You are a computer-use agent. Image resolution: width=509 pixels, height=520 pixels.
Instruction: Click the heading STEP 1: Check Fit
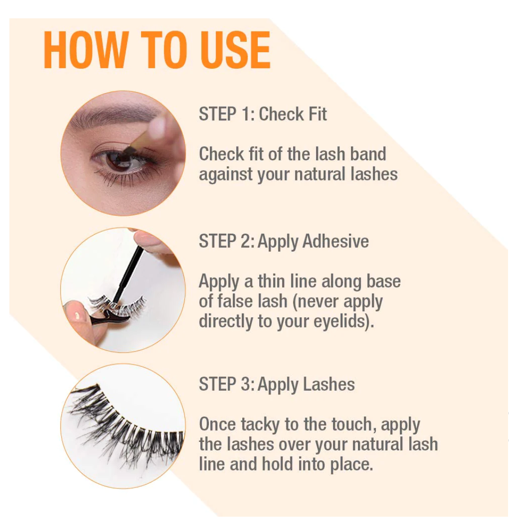click(x=263, y=114)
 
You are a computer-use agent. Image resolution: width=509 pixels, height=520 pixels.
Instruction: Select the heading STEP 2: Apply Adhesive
click(x=284, y=242)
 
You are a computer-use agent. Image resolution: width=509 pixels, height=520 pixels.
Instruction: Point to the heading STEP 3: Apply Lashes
click(x=277, y=385)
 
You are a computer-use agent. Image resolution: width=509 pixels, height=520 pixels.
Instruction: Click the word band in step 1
click(x=368, y=154)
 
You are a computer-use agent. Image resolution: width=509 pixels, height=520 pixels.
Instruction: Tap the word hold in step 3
click(x=277, y=465)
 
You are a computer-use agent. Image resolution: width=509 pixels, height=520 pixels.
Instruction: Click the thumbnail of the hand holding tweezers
click(x=77, y=316)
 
